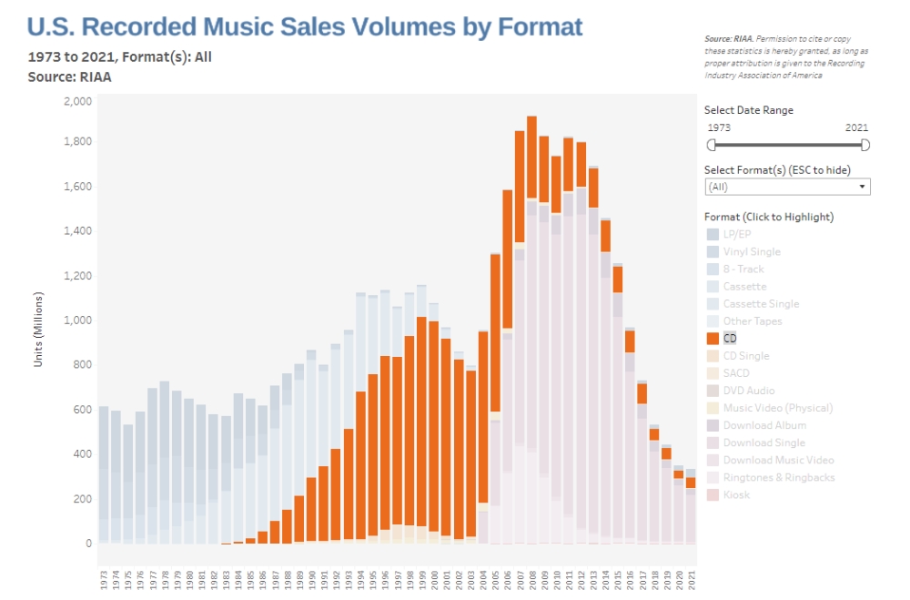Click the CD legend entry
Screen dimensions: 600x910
coord(729,339)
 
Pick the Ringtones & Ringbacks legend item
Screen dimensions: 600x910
coord(778,477)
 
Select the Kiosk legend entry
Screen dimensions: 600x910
coord(735,494)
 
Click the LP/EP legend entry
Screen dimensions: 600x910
coord(737,234)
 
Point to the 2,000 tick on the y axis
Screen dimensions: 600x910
coord(77,101)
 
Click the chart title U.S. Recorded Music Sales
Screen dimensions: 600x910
coord(305,26)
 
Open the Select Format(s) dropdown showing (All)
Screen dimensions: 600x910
coord(788,187)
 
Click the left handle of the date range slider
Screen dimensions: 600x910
coord(712,145)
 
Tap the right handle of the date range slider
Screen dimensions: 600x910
coord(865,145)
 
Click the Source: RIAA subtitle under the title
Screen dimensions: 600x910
coord(70,76)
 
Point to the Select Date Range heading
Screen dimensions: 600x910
coord(749,110)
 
